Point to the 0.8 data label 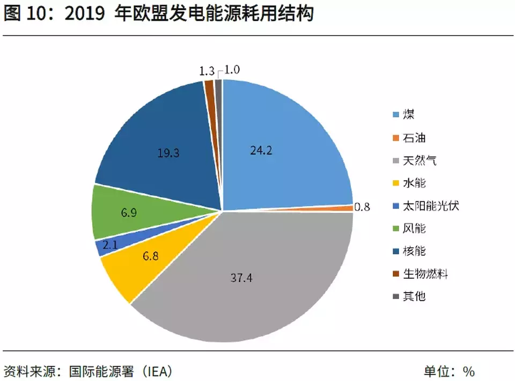pos(362,206)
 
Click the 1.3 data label pos(207,71)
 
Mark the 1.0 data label pos(232,70)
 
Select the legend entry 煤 pos(408,115)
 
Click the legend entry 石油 pos(414,138)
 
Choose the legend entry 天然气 pos(420,160)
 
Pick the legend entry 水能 pos(414,183)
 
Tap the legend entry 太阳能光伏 pos(431,206)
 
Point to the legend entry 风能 pos(414,229)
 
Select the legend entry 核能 pos(414,251)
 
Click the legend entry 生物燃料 pos(425,274)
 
